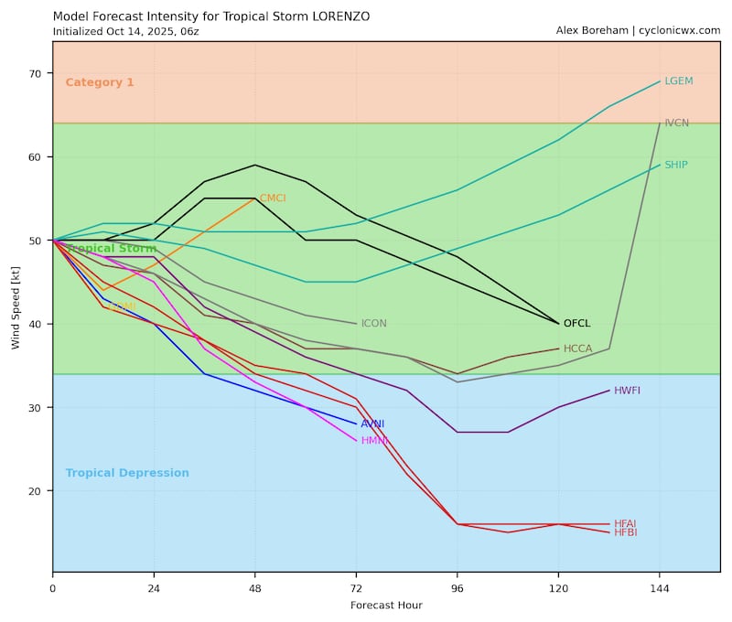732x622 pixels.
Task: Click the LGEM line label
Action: click(x=678, y=81)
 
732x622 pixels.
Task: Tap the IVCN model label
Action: click(x=676, y=123)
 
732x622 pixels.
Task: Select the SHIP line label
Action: click(x=675, y=165)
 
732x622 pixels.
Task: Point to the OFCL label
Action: click(x=576, y=324)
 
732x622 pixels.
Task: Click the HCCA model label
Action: click(x=577, y=349)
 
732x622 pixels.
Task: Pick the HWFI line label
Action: click(x=627, y=391)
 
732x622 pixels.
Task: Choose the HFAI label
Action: click(x=625, y=524)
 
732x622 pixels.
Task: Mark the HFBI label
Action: click(x=625, y=532)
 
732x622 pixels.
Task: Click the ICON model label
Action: click(x=373, y=324)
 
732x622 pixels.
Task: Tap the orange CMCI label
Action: click(x=273, y=198)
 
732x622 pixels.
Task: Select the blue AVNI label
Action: click(x=372, y=424)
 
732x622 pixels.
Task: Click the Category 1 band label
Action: click(x=100, y=82)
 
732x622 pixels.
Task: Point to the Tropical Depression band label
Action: click(x=127, y=474)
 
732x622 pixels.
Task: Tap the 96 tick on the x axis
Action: click(x=457, y=587)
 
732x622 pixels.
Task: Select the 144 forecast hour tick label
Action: click(x=659, y=587)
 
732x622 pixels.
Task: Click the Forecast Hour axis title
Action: click(x=386, y=606)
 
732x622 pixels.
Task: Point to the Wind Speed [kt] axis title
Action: click(x=16, y=306)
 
